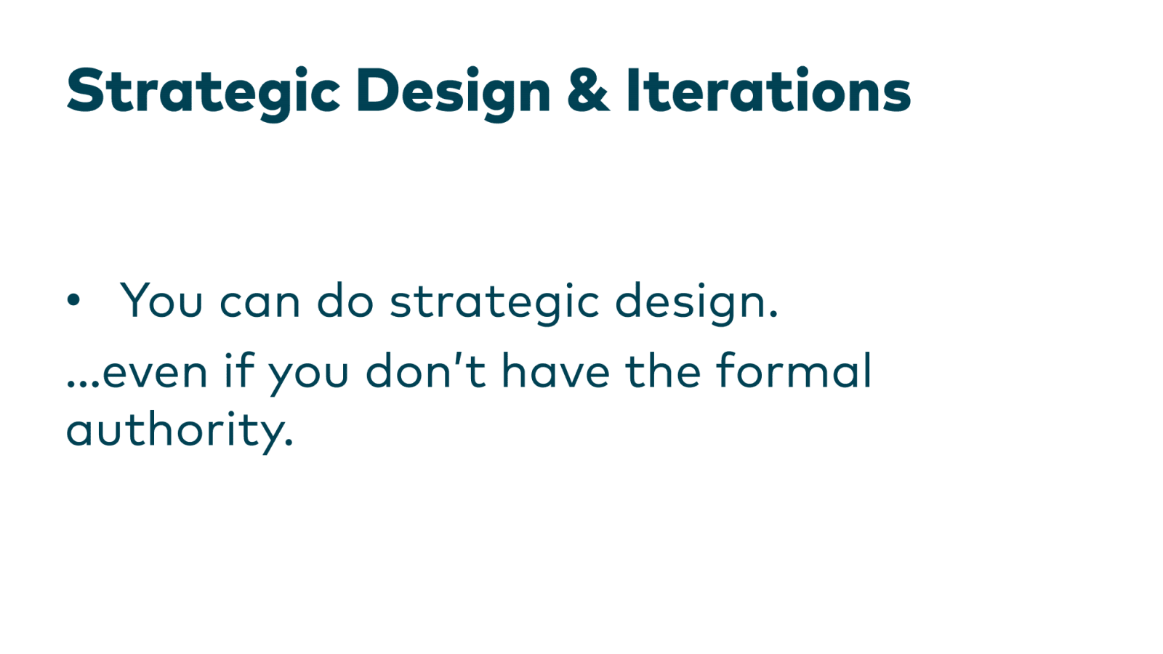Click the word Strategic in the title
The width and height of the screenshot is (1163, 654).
tap(203, 92)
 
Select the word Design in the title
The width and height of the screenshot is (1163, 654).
tap(453, 92)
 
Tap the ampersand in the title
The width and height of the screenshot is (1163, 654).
tap(587, 90)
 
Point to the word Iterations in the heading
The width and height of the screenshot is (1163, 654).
tap(768, 90)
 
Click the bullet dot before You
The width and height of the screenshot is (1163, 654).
tap(73, 299)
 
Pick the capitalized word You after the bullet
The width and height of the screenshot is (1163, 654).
tap(161, 299)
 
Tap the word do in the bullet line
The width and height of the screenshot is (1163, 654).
tap(345, 299)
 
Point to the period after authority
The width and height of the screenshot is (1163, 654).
tap(289, 443)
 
